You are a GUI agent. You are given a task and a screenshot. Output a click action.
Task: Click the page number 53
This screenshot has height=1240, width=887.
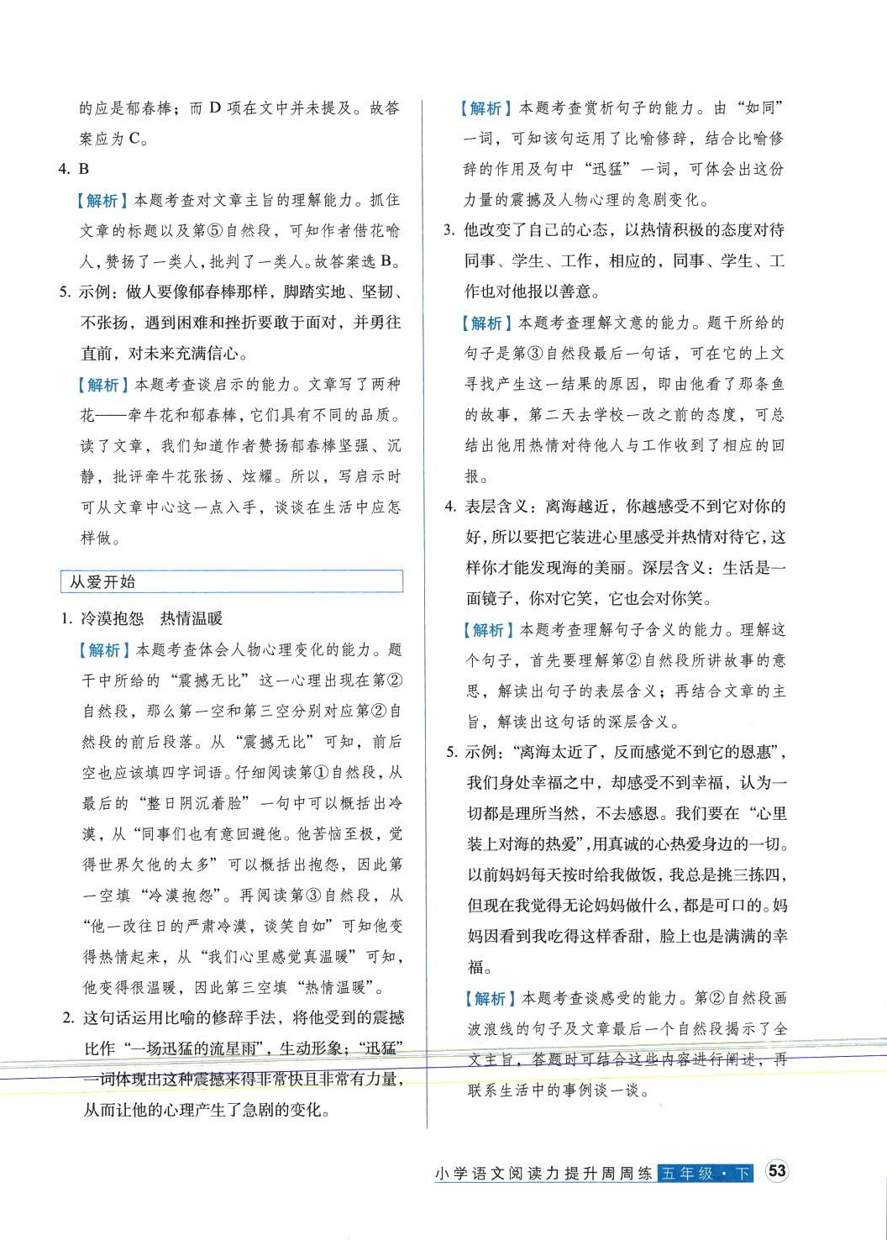pos(778,1171)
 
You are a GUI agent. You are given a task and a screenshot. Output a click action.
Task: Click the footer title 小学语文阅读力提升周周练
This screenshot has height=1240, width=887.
pos(544,1173)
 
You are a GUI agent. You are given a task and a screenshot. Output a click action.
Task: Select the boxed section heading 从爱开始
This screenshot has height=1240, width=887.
pos(102,581)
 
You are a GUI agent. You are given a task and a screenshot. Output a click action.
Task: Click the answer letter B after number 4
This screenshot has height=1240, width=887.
pos(83,169)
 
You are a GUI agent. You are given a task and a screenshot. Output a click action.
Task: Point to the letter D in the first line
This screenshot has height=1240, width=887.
pos(214,108)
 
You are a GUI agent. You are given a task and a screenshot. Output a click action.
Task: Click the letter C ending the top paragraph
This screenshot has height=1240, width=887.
pos(134,139)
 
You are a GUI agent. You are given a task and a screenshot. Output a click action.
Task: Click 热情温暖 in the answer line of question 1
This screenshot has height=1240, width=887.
pos(192,619)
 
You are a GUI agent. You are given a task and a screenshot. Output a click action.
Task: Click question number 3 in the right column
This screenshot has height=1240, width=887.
pos(449,230)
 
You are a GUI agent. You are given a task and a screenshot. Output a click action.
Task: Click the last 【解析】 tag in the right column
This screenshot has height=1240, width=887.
pos(490,998)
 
